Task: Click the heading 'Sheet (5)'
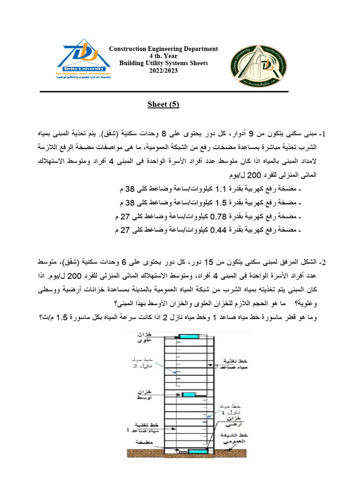pyautogui.click(x=163, y=104)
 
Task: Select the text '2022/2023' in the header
pyautogui.click(x=164, y=70)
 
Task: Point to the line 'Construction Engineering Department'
pyautogui.click(x=164, y=49)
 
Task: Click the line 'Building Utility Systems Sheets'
pyautogui.click(x=164, y=63)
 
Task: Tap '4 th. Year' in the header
pyautogui.click(x=164, y=56)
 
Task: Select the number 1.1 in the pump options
pyautogui.click(x=220, y=189)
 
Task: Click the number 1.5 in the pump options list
pyautogui.click(x=220, y=203)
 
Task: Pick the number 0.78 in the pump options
pyautogui.click(x=219, y=217)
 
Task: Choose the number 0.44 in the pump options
pyautogui.click(x=219, y=230)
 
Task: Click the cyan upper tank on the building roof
pyautogui.click(x=188, y=336)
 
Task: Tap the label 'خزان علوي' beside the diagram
pyautogui.click(x=144, y=337)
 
